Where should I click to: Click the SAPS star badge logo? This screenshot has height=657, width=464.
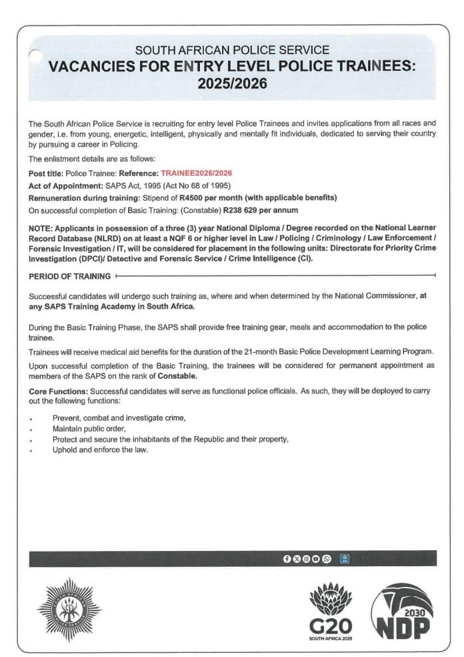tap(70, 609)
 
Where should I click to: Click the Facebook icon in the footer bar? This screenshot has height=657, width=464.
tap(287, 558)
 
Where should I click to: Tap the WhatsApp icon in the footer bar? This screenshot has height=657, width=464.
tap(326, 558)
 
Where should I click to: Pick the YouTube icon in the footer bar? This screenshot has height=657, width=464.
tap(316, 558)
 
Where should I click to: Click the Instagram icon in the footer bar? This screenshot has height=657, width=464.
tap(306, 558)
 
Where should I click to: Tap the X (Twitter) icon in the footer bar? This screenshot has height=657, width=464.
tap(296, 558)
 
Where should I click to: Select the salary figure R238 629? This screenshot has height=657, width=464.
tap(241, 209)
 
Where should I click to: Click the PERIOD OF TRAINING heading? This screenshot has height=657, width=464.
tap(69, 275)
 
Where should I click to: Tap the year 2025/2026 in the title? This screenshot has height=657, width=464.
tap(232, 84)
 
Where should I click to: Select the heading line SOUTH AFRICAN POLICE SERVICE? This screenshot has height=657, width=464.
tap(232, 50)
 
